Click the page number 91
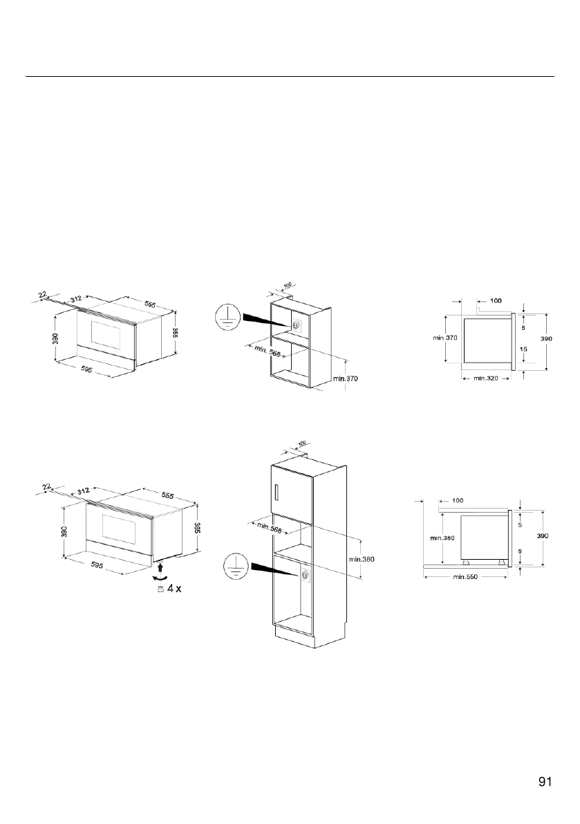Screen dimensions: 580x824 545,781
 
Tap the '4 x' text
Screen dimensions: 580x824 174,588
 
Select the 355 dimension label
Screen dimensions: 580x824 176,333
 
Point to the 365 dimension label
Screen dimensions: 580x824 196,527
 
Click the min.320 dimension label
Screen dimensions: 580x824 485,378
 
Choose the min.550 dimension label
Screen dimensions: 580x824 465,576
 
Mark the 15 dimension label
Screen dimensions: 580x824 523,349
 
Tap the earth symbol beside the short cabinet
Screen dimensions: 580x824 226,319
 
